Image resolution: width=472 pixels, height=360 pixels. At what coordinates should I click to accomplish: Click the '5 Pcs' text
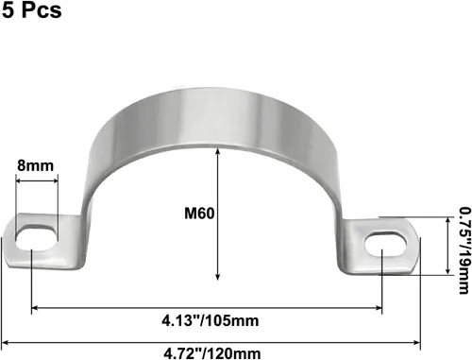[x=32, y=9]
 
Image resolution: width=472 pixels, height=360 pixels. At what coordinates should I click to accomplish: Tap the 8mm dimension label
[x=36, y=165]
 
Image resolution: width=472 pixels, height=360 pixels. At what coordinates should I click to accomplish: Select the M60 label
[x=199, y=214]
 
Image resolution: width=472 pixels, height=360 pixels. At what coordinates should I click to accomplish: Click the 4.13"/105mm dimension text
[x=211, y=320]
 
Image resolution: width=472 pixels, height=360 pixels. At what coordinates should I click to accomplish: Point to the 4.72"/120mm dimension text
[x=212, y=352]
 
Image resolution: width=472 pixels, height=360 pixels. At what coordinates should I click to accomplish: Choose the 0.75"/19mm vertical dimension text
[x=464, y=250]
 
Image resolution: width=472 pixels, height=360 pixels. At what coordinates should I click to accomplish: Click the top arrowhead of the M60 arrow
[x=217, y=151]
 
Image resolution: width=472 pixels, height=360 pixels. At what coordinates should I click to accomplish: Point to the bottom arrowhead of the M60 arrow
[x=217, y=277]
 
